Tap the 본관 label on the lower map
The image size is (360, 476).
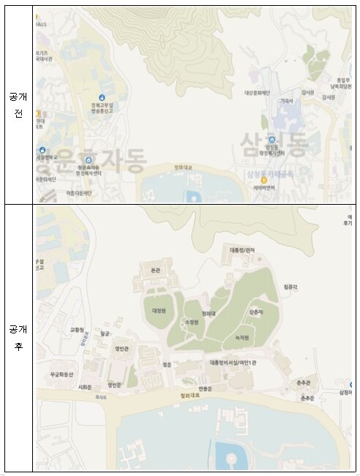tap(154, 269)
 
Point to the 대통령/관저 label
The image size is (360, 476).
tap(236, 249)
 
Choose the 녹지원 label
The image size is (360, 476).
tap(241, 338)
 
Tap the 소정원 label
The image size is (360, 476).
tap(192, 322)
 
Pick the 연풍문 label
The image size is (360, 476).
tap(205, 388)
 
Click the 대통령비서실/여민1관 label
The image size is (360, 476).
tap(233, 362)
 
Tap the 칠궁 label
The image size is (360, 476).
tap(105, 333)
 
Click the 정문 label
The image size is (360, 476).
tap(167, 363)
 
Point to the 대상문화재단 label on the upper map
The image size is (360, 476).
tap(257, 93)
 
